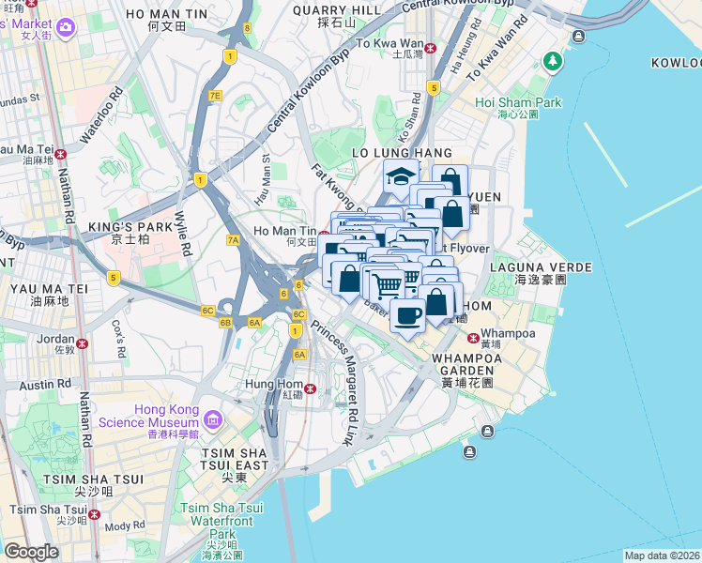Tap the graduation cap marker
[400, 175]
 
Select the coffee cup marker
[407, 315]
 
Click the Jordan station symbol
[83, 343]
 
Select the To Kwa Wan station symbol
[431, 48]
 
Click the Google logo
[31, 552]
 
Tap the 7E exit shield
[215, 96]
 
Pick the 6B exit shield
[225, 323]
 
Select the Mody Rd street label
[124, 526]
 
